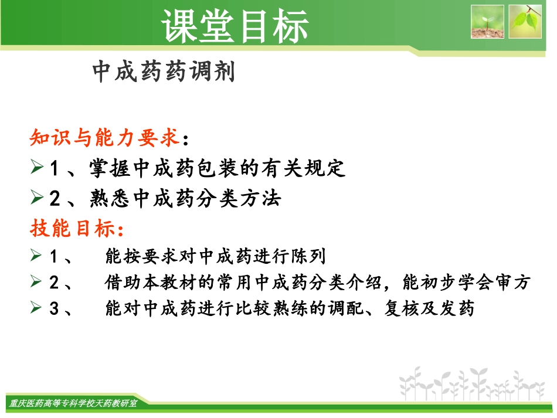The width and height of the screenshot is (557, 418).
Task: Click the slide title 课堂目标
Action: point(235,26)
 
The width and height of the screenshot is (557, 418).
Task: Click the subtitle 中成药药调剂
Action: point(164,72)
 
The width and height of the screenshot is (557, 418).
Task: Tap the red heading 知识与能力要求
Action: point(104,138)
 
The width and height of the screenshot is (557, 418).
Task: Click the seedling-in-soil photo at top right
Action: point(487,22)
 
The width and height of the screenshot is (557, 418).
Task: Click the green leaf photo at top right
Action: point(525,22)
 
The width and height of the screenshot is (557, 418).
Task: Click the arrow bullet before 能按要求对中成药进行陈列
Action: point(36,256)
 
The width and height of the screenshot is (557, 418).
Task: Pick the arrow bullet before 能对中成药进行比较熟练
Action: point(36,308)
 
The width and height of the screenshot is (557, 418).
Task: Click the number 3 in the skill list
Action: point(55,309)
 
